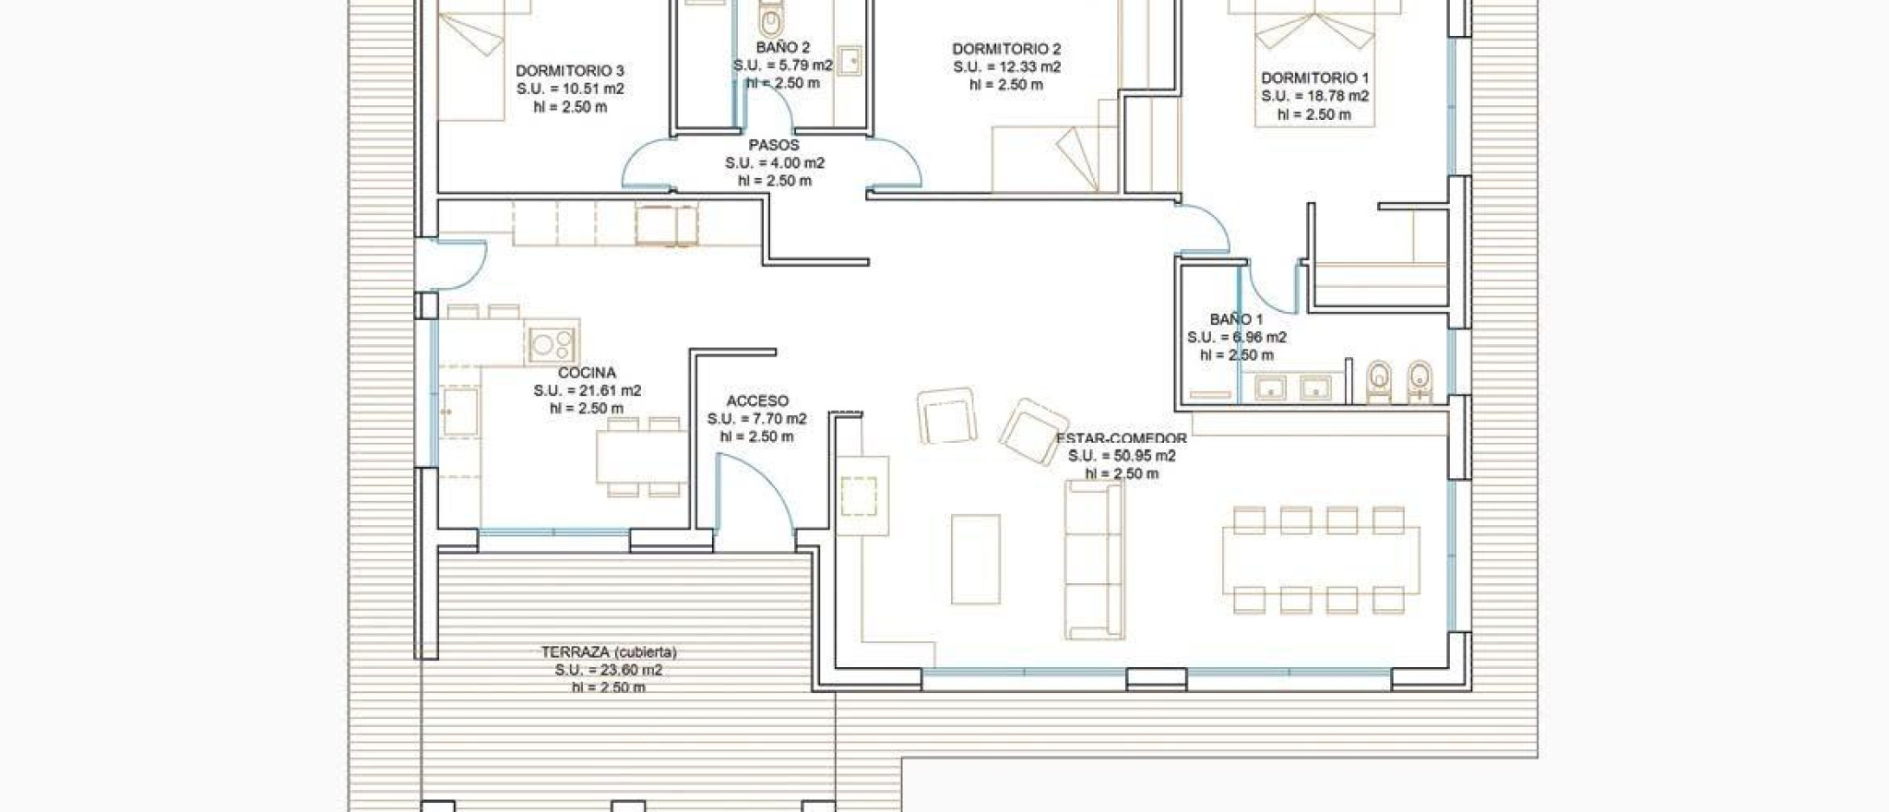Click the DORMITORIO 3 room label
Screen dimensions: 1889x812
tap(569, 71)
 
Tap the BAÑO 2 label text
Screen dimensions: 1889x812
tap(782, 47)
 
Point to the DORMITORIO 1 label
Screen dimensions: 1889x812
tap(1314, 78)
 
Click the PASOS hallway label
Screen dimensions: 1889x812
tap(774, 145)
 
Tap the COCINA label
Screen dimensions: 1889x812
tap(587, 373)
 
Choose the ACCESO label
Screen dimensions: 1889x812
tap(757, 400)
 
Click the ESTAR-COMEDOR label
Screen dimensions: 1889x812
tap(1122, 438)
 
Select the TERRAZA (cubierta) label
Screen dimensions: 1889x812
tap(609, 652)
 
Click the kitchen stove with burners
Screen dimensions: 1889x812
tap(552, 345)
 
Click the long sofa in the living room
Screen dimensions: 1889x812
tap(1094, 559)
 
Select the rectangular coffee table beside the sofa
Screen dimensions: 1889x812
tap(976, 559)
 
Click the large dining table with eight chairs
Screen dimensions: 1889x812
tap(1321, 559)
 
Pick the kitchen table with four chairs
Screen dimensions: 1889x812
tap(640, 457)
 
